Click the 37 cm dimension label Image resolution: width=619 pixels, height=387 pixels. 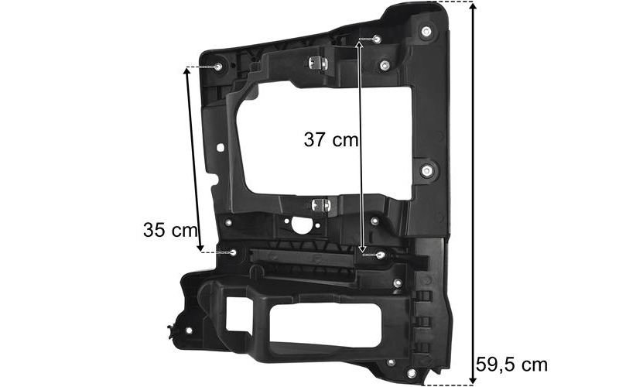pyautogui.click(x=331, y=139)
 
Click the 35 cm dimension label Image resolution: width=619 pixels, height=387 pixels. pyautogui.click(x=170, y=230)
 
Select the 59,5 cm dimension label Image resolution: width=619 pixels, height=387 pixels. pyautogui.click(x=511, y=365)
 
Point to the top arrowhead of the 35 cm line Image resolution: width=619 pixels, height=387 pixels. pyautogui.click(x=187, y=71)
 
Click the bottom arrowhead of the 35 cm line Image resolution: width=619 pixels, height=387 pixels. pyautogui.click(x=200, y=248)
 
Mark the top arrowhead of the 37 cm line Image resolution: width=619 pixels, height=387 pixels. pyautogui.click(x=359, y=43)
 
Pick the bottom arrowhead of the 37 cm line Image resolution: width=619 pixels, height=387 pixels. pyautogui.click(x=362, y=249)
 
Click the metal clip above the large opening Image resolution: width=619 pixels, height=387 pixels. pyautogui.click(x=318, y=63)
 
